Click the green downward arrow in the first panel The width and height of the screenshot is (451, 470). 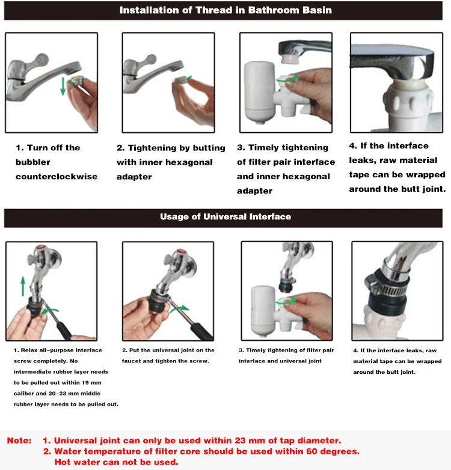point(63,87)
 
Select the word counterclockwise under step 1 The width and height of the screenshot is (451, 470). point(57,177)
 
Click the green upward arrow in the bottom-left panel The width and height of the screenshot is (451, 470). point(23,287)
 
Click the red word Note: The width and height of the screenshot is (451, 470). point(19,441)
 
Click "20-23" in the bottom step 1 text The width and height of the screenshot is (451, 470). point(57,394)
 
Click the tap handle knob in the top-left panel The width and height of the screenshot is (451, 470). point(41,60)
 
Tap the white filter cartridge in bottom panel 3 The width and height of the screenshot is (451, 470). point(263,311)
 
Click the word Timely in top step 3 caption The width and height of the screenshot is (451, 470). point(264,148)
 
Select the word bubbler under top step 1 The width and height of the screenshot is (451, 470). point(33,162)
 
